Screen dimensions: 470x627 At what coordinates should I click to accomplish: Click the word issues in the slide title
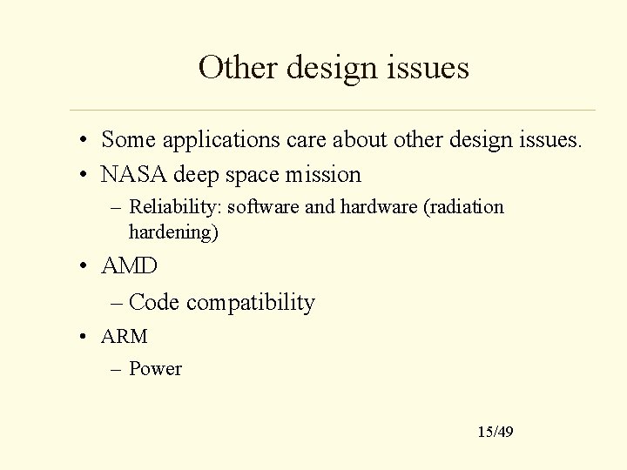click(430, 67)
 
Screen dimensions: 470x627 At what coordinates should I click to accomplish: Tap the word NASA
click(134, 175)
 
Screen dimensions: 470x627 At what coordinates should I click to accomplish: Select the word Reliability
click(165, 207)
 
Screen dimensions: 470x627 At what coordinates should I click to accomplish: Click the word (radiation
click(462, 207)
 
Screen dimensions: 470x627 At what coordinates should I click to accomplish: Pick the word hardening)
click(173, 232)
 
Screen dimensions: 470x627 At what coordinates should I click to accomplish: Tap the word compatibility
click(251, 303)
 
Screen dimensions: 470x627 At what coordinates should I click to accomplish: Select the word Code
click(154, 303)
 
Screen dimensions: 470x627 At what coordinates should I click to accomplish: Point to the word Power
click(155, 369)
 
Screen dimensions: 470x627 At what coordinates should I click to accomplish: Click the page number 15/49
click(496, 432)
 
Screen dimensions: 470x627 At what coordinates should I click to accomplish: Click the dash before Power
click(117, 369)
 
